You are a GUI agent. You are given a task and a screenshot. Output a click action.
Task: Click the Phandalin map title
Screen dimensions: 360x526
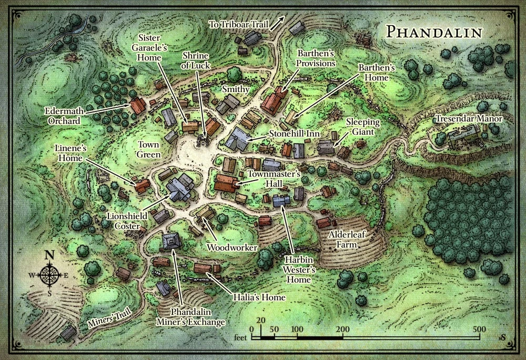433,32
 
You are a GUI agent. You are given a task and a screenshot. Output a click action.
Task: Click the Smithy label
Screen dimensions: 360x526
235,89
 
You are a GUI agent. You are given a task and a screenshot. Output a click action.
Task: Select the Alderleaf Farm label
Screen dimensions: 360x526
347,240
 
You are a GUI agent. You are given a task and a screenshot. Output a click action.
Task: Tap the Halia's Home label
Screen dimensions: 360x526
259,297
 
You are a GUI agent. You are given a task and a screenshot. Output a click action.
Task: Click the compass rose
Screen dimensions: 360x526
50,275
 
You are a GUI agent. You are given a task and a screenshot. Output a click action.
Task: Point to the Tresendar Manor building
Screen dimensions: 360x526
463,138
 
